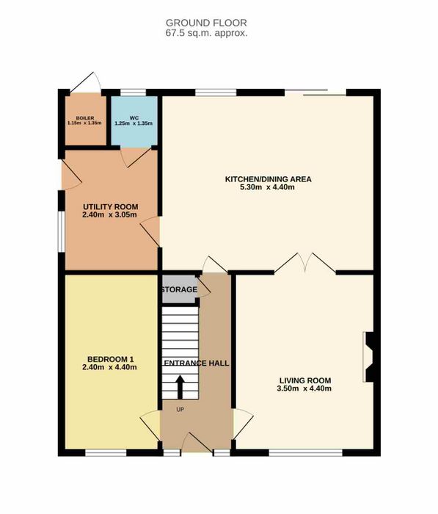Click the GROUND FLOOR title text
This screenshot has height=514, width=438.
pyautogui.click(x=206, y=23)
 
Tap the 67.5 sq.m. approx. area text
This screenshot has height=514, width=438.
pyautogui.click(x=206, y=33)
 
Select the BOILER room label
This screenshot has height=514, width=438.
pyautogui.click(x=85, y=118)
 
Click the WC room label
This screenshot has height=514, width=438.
pyautogui.click(x=134, y=118)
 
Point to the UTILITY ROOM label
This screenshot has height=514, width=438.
pyautogui.click(x=110, y=207)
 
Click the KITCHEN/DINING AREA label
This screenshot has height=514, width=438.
pyautogui.click(x=268, y=179)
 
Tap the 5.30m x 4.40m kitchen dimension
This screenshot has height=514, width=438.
pyautogui.click(x=268, y=187)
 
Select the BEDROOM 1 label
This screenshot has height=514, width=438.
pyautogui.click(x=110, y=359)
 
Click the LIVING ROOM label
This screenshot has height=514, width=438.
pyautogui.click(x=305, y=380)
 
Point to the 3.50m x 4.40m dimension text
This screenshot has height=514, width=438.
pyautogui.click(x=304, y=388)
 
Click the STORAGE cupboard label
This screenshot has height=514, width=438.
pyautogui.click(x=179, y=290)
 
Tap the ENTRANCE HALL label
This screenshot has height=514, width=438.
pyautogui.click(x=197, y=363)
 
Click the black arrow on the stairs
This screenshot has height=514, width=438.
pyautogui.click(x=180, y=388)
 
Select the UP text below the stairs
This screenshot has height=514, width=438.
pyautogui.click(x=180, y=410)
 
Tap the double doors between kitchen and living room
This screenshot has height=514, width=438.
pyautogui.click(x=305, y=263)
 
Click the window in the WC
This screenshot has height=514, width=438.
pyautogui.click(x=133, y=93)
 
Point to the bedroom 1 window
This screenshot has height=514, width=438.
pyautogui.click(x=106, y=453)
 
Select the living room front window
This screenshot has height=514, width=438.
pyautogui.click(x=306, y=453)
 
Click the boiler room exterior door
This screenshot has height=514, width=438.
pyautogui.click(x=86, y=82)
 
